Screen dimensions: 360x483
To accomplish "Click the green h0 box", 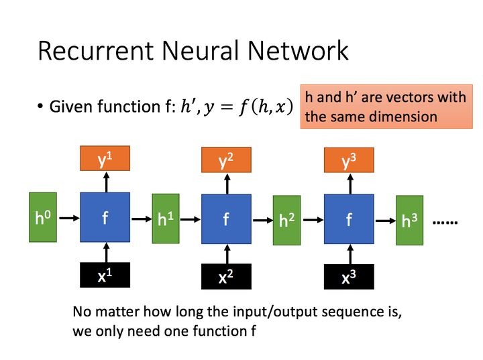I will click(44, 217).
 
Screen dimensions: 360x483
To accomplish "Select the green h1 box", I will click(166, 218).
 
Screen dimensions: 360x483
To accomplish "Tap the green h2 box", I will click(288, 219).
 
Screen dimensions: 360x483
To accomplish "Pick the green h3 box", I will click(410, 220).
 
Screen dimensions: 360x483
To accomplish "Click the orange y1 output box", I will click(105, 158).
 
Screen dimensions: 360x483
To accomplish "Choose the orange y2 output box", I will click(226, 160).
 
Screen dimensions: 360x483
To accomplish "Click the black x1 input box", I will click(105, 275).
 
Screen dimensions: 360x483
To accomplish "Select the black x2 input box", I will click(226, 276).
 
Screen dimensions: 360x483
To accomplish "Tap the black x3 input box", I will click(349, 277).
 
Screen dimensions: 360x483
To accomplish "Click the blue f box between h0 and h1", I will click(105, 217).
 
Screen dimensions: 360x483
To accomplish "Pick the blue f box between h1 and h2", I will click(226, 219).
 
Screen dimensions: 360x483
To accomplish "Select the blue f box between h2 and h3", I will click(349, 219).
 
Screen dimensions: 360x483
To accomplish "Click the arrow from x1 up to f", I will click(105, 252).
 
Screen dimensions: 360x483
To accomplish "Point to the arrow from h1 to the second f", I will click(191, 219).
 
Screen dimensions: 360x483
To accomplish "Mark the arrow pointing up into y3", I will click(349, 184).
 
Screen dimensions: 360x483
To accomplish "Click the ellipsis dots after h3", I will click(444, 221).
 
